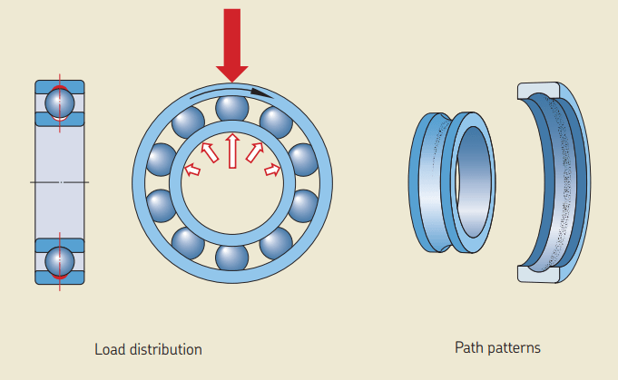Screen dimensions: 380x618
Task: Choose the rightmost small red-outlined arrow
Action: tap(271, 169)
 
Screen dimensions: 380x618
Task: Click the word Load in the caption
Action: tap(109, 349)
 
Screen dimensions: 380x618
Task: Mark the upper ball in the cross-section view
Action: tap(59, 102)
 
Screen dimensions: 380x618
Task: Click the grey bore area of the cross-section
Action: tap(59, 181)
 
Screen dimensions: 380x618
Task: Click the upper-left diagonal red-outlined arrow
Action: tap(210, 152)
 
